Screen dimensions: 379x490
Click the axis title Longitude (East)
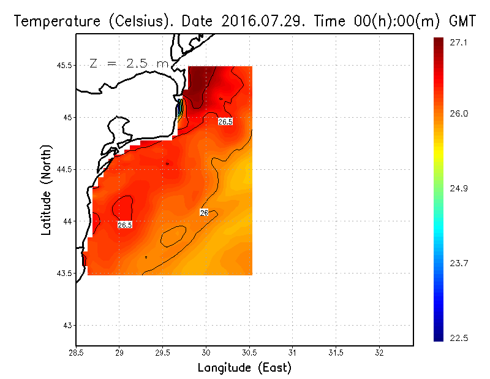click(244, 368)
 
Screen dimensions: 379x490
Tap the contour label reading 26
click(204, 212)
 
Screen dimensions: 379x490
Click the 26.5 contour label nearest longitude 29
click(125, 225)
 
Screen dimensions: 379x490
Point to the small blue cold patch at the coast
click(179, 111)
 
